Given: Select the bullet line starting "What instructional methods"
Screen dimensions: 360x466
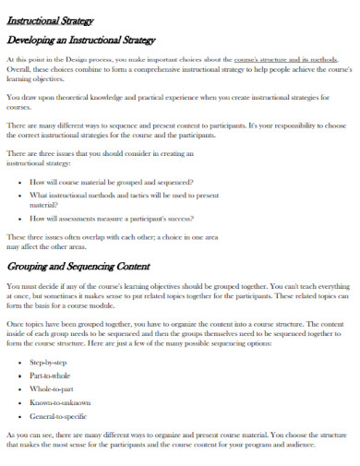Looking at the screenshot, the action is [x=124, y=195].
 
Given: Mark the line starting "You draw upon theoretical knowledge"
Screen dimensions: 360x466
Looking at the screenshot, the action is [x=175, y=96].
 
